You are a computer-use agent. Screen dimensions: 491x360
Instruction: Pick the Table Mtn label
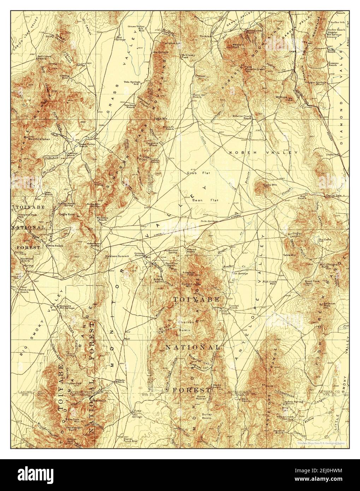point(291,254)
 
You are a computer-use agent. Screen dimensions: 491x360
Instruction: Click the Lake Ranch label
point(48,194)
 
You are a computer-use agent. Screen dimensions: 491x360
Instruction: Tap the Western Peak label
point(237,46)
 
